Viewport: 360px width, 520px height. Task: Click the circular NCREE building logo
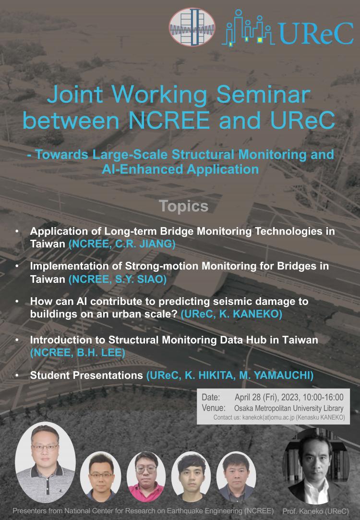tap(192, 27)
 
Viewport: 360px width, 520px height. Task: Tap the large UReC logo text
tap(316, 34)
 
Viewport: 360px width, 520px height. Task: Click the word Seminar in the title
tap(264, 95)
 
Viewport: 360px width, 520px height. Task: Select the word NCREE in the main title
tap(169, 120)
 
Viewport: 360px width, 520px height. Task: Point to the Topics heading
tap(184, 206)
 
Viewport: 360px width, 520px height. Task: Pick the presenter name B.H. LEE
tap(100, 352)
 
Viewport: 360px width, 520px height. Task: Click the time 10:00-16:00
tap(321, 397)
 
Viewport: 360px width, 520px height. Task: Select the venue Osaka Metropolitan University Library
tap(289, 408)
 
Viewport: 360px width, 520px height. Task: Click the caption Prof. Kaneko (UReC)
tap(315, 511)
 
